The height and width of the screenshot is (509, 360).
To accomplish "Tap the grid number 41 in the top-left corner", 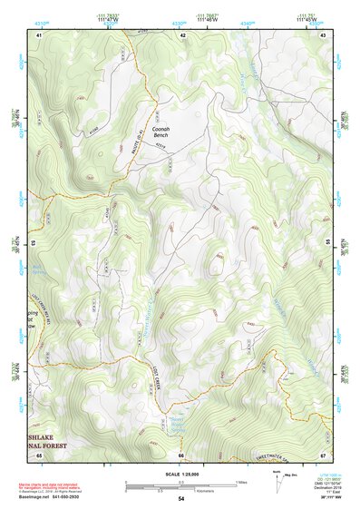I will tap(39, 34).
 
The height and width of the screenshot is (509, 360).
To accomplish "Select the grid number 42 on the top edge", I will tap(182, 34).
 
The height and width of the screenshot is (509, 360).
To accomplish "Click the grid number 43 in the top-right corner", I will tap(324, 34).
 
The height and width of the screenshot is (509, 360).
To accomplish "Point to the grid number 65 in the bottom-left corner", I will tap(39, 455).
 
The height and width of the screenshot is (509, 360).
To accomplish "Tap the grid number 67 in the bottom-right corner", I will tap(323, 455).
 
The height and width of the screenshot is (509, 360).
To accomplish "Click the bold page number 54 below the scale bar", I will tap(180, 499).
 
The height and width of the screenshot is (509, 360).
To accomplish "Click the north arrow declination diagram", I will tap(277, 475).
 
